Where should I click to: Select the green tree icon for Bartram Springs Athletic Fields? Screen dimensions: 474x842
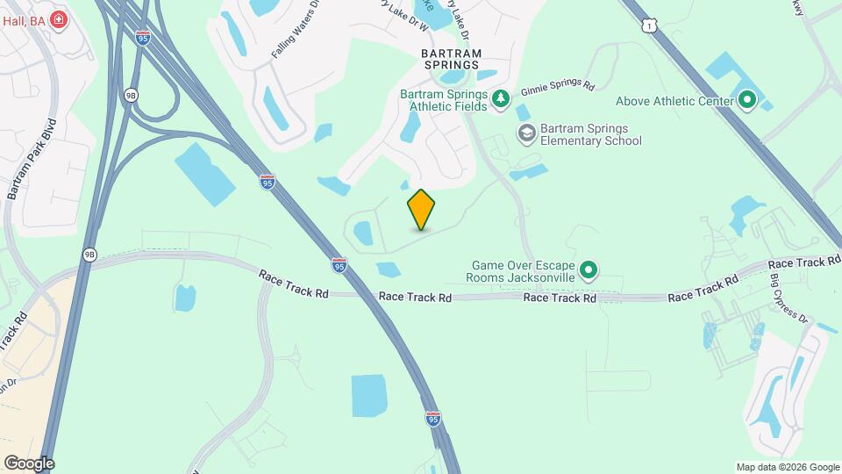tap(500, 98)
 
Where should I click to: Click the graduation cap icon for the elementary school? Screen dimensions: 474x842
tap(526, 133)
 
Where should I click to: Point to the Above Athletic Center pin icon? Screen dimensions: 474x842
tap(747, 101)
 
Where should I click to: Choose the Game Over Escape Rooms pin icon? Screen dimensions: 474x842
tap(589, 269)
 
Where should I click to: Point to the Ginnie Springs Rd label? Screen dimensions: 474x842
tap(558, 89)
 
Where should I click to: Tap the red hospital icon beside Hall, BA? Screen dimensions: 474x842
tap(59, 19)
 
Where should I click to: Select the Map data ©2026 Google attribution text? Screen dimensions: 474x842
tap(787, 467)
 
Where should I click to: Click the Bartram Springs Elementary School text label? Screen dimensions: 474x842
tap(590, 134)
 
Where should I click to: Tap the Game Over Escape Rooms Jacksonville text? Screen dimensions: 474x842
tap(524, 270)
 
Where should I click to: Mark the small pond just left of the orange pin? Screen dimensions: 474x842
tap(361, 233)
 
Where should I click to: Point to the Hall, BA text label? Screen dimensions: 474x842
tap(22, 19)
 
